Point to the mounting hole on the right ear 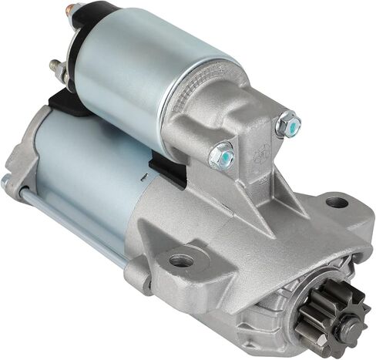click(x=336, y=203)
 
